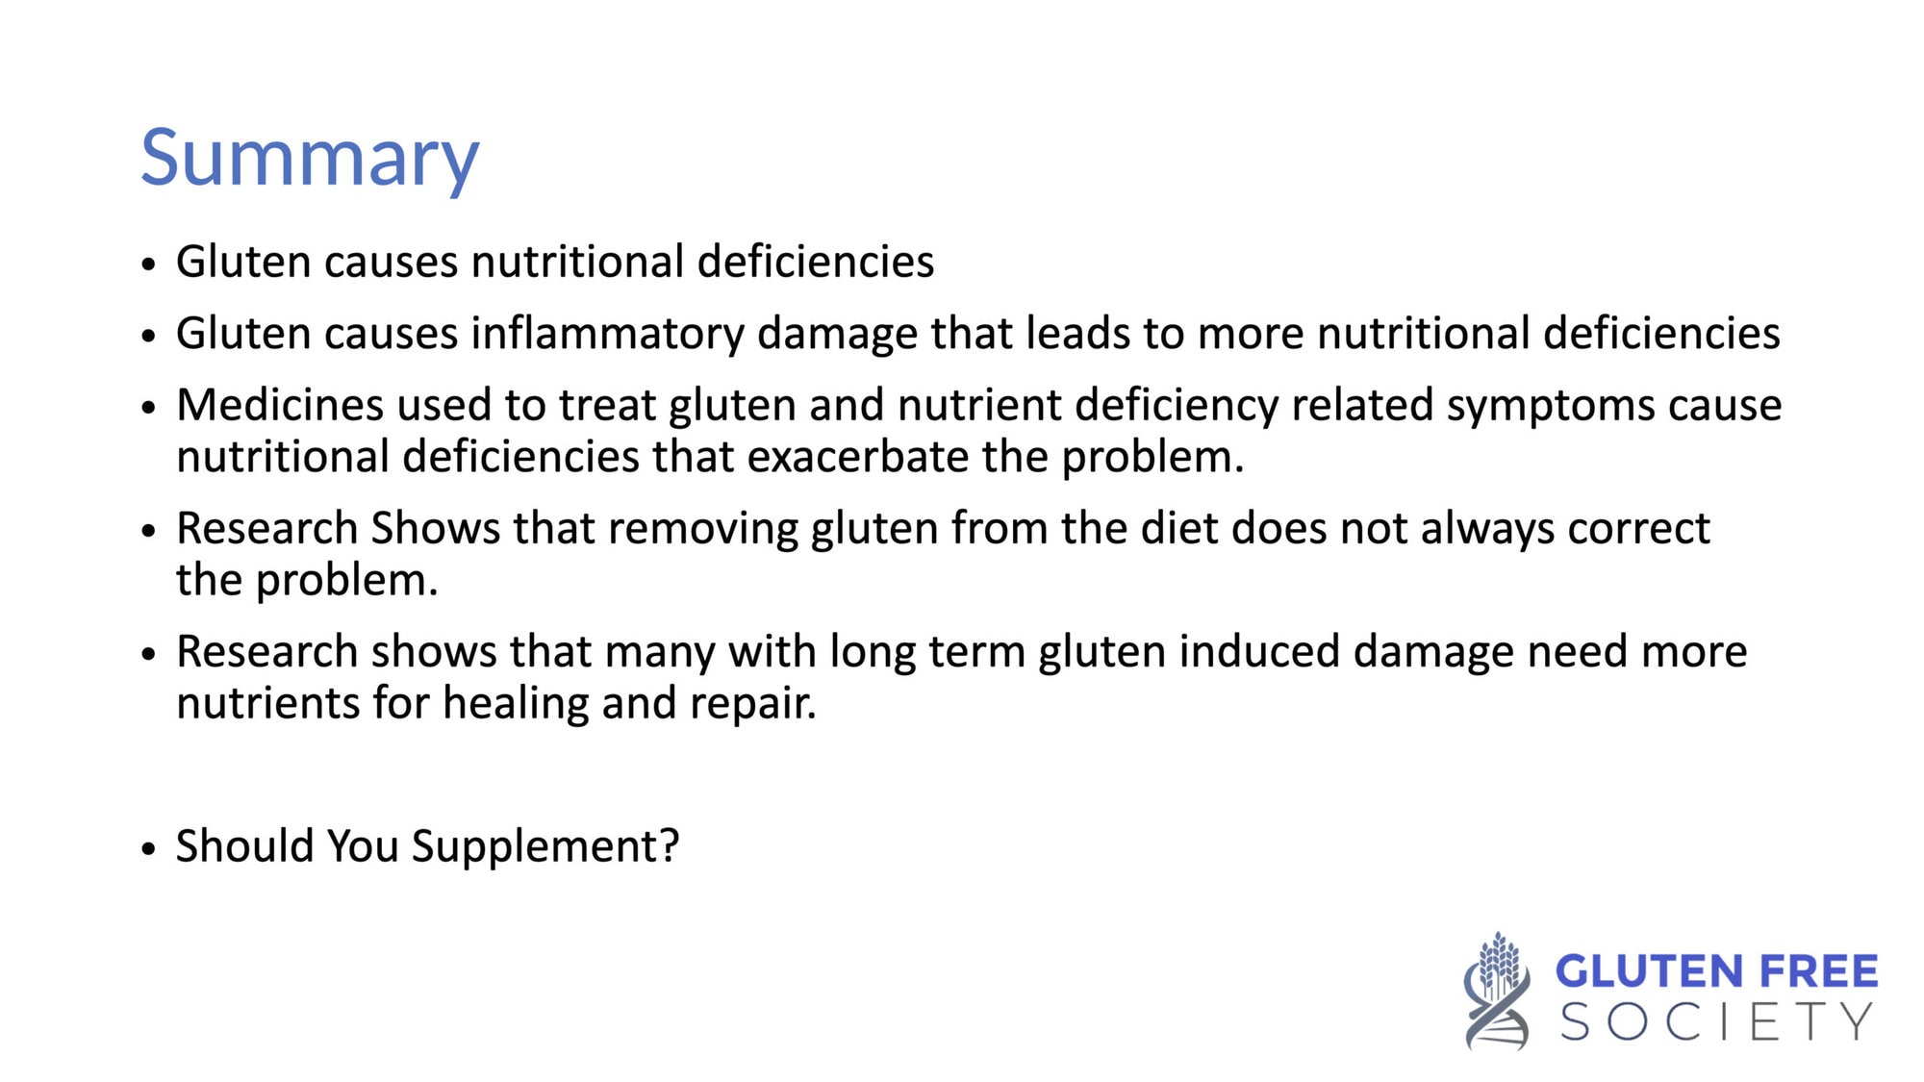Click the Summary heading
310,159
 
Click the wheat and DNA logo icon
1497,991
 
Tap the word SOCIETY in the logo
1717,1021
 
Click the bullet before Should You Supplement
148,849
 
